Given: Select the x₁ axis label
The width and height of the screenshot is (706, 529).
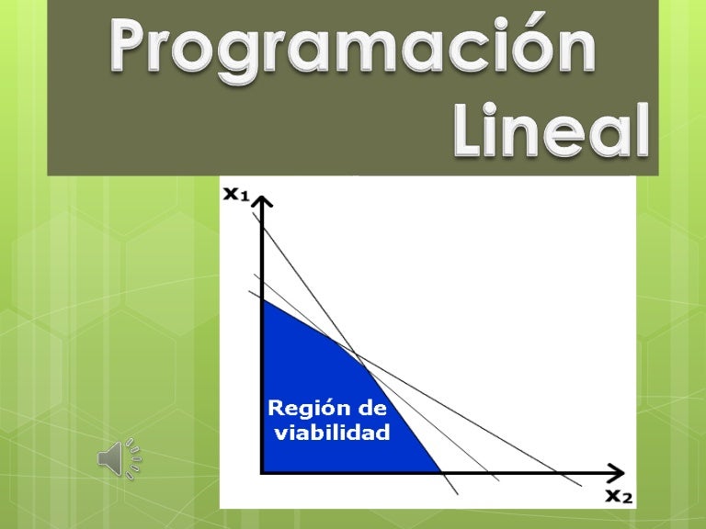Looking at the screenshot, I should coord(238,195).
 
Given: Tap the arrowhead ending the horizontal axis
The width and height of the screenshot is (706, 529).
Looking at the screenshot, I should coord(617,472).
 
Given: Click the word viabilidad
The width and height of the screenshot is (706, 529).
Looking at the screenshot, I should coord(333,432).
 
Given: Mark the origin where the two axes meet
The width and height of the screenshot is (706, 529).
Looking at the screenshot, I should coord(263,471).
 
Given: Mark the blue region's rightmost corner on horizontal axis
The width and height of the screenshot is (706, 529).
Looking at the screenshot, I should coord(443,471).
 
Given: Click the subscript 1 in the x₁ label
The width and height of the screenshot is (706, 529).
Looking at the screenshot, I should coord(245,198).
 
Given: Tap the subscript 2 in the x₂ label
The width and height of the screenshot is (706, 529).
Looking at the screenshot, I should coord(629,500).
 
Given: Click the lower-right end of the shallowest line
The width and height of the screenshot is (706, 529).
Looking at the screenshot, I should coord(581,484).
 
